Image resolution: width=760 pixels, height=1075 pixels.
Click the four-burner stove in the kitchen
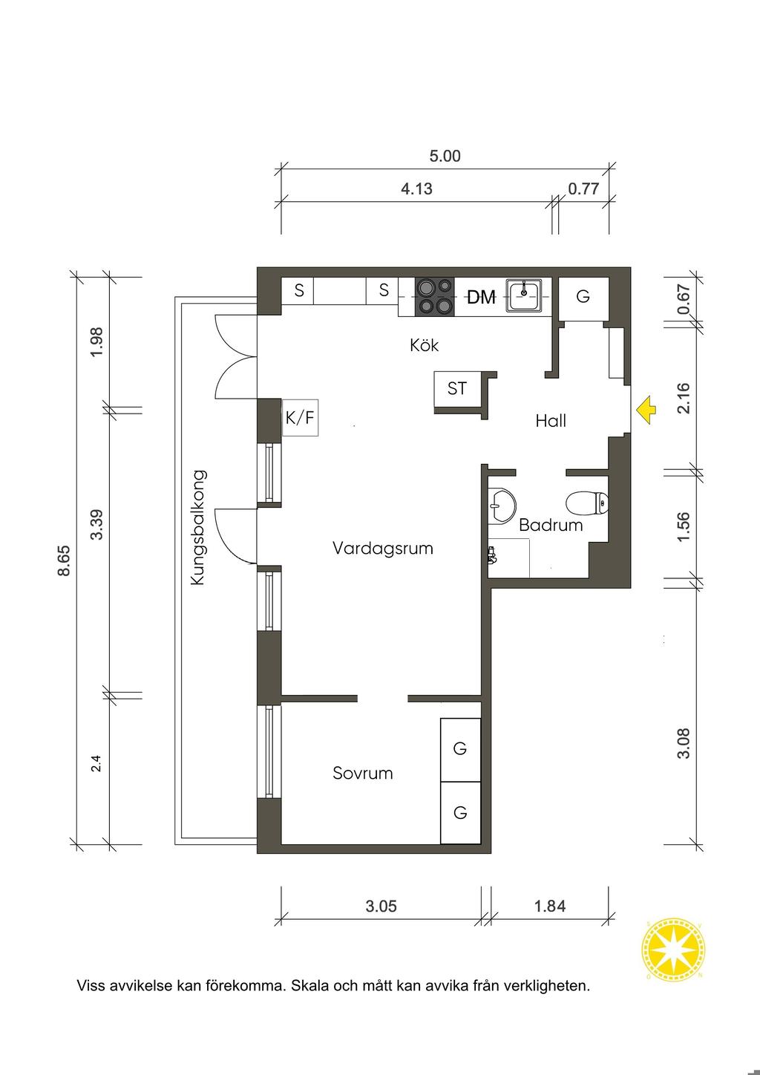click(x=435, y=296)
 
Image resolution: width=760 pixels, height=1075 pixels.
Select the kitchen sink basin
click(x=525, y=295)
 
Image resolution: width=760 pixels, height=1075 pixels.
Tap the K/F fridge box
click(x=300, y=417)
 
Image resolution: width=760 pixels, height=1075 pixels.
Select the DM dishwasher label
click(x=481, y=297)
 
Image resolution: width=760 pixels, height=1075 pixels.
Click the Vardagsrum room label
click(x=382, y=548)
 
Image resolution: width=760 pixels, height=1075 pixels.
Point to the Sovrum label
click(x=363, y=773)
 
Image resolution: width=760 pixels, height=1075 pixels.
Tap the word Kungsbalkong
click(x=197, y=527)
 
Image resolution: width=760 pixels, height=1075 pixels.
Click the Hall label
click(x=551, y=421)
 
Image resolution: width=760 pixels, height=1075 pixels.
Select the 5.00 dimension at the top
click(x=445, y=156)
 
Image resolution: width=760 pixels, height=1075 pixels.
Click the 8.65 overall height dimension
click(x=64, y=560)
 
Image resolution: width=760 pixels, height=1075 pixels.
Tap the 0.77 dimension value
click(x=583, y=189)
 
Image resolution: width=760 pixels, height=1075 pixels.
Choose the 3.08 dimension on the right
click(x=684, y=743)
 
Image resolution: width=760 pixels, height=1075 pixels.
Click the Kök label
click(x=424, y=345)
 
